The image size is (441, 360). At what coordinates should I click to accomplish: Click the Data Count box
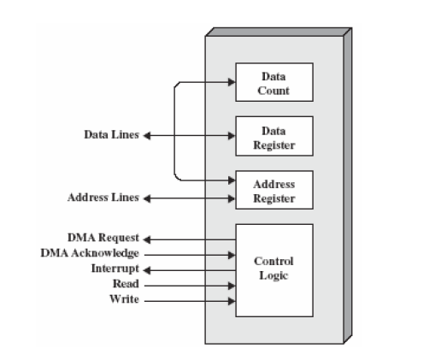point(273,83)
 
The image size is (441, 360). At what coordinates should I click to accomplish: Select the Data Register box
point(273,137)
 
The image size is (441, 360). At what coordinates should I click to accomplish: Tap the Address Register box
point(273,191)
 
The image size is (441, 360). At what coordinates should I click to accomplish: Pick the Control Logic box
point(273,269)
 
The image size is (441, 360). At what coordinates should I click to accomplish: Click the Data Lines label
point(111,135)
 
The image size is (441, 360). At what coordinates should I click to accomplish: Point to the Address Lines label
point(103,198)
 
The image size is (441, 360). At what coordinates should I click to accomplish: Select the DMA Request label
point(103,237)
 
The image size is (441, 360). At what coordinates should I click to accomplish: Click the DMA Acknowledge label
point(90,253)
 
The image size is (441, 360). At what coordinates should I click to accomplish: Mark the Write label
point(125,299)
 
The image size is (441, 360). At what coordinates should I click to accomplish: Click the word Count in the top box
point(273,90)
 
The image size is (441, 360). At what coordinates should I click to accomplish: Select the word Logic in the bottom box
point(273,276)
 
